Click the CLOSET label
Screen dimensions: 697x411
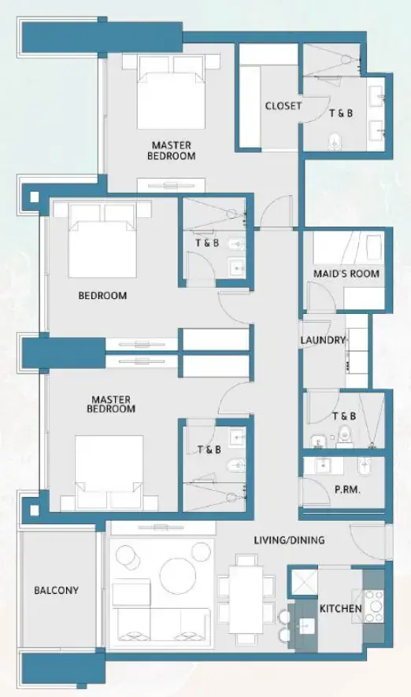pos(283,106)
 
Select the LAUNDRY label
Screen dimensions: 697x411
pos(323,341)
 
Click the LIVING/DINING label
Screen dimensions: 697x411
pos(291,540)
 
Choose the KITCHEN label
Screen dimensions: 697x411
pos(340,609)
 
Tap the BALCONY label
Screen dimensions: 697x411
pos(56,590)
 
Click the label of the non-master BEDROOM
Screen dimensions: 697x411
pos(102,296)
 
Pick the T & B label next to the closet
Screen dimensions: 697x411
pos(341,113)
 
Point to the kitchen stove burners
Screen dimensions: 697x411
pos(373,602)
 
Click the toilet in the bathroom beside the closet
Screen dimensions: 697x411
pos(335,142)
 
